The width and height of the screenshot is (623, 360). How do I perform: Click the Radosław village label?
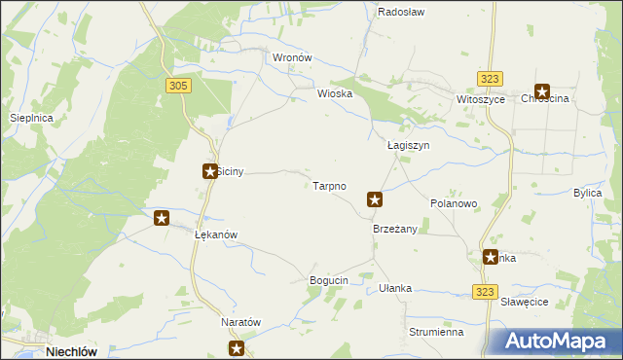(x=398, y=13)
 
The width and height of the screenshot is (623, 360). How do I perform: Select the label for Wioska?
(x=333, y=94)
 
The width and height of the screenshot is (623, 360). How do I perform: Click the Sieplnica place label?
(x=30, y=117)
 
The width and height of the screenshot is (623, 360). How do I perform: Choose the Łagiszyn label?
(x=408, y=145)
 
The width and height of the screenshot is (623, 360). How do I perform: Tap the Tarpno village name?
(x=329, y=185)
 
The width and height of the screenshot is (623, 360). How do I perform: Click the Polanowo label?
(x=454, y=203)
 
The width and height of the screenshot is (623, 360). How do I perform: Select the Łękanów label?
(x=216, y=235)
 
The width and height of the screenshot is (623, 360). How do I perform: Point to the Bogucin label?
(x=328, y=280)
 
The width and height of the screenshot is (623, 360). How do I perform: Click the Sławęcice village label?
(x=526, y=302)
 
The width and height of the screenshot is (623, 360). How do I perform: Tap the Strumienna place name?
(x=435, y=332)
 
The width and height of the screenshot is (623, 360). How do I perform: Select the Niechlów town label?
(x=76, y=352)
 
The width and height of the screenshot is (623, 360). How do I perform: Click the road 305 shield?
(x=177, y=87)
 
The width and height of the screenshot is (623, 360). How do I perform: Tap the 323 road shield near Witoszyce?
(x=490, y=79)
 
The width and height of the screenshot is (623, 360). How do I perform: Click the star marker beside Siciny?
(x=209, y=171)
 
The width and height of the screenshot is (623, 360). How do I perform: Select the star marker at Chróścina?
(x=541, y=91)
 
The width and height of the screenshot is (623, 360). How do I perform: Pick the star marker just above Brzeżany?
(x=375, y=199)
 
